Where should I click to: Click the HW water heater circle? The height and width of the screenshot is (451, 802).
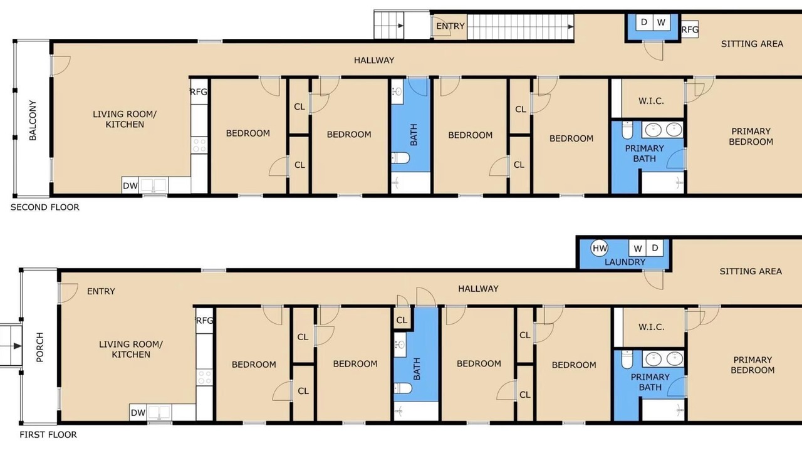(x=600, y=248)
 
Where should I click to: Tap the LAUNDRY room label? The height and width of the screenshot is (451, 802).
(x=625, y=262)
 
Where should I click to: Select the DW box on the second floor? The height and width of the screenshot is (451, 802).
(x=130, y=185)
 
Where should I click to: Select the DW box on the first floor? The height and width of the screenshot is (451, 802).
(x=138, y=413)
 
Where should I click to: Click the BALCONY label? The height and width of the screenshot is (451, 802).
(x=33, y=120)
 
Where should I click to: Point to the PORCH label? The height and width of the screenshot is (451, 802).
(x=39, y=347)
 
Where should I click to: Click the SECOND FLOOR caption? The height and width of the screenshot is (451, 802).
(x=44, y=207)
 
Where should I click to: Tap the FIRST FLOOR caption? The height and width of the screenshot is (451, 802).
(x=48, y=435)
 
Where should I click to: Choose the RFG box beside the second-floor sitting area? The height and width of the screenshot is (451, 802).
(x=690, y=29)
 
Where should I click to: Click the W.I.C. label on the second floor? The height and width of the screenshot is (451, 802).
(x=651, y=101)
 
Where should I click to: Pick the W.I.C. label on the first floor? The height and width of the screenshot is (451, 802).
(x=651, y=327)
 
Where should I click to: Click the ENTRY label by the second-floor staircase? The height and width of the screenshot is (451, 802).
(x=450, y=26)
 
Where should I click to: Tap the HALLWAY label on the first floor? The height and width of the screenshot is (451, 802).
(x=478, y=289)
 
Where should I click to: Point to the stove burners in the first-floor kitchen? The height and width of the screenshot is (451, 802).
(x=204, y=377)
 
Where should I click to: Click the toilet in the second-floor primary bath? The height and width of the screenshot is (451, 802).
(x=627, y=130)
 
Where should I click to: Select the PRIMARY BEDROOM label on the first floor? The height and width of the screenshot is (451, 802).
(x=753, y=365)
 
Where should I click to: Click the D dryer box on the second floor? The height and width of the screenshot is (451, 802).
(x=644, y=22)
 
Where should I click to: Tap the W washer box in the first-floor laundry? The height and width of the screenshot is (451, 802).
(x=638, y=248)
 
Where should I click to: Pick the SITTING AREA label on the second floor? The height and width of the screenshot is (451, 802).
(x=752, y=44)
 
